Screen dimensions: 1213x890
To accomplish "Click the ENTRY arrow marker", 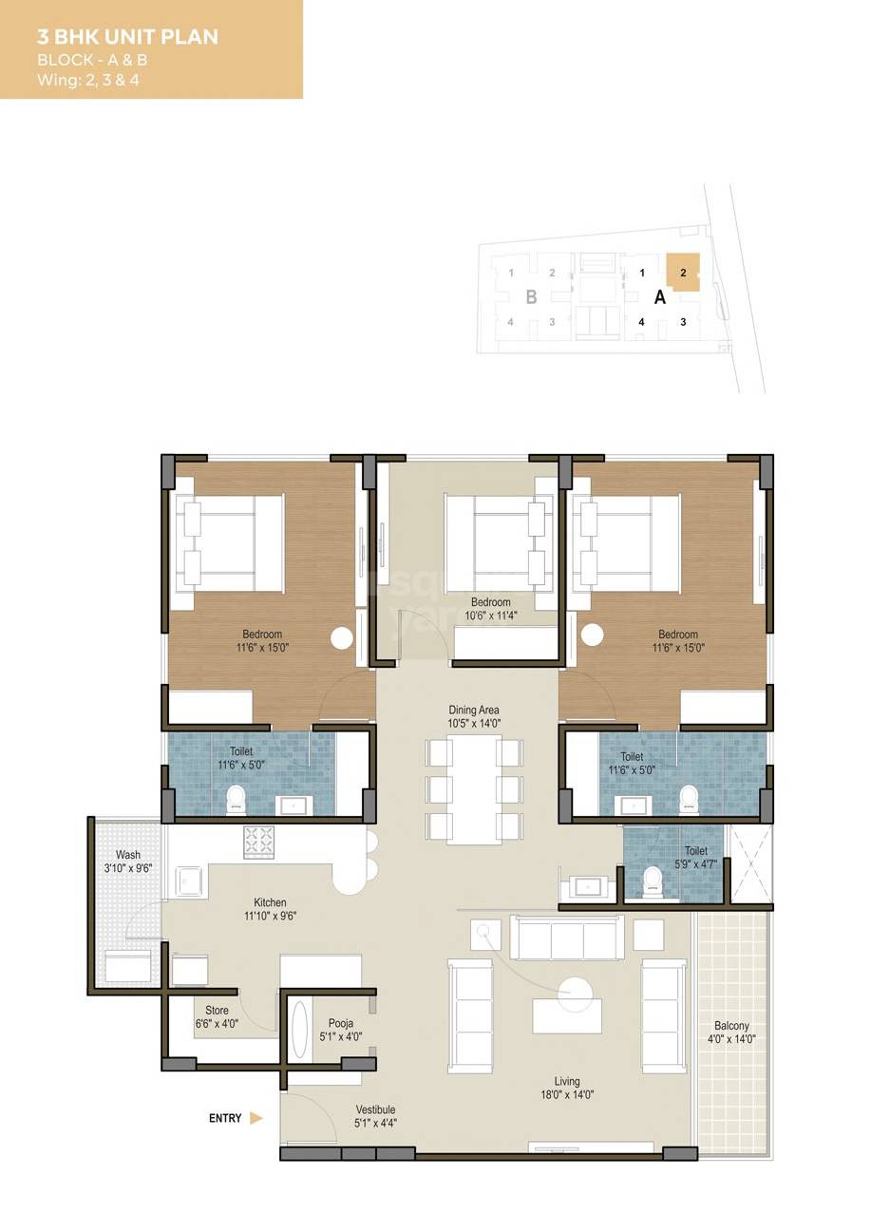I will pos(256,1118).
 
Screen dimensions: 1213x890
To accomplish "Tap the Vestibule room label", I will pos(375,1109).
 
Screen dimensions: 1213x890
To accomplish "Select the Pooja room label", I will pos(341,1023).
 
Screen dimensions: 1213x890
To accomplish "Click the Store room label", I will pos(217,1011).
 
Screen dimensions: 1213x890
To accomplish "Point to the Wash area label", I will pos(128,855).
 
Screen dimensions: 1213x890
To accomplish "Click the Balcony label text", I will pos(732,1026).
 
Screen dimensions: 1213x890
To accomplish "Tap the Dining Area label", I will pos(474,710).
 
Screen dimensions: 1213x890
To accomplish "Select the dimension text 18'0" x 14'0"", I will pos(567,1094).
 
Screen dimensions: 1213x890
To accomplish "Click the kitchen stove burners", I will pos(258,842).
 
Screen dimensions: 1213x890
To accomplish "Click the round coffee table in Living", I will pos(575,994).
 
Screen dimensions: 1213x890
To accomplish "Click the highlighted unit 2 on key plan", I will pos(683,272).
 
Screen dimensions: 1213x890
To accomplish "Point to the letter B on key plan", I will pos(532,297).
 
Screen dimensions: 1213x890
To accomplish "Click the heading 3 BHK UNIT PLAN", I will pos(127,37).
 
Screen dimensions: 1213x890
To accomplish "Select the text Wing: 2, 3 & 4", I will pos(87,80).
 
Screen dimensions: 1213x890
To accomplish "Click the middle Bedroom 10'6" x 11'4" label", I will pos(490,602).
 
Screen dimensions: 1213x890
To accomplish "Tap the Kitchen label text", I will pos(270,902).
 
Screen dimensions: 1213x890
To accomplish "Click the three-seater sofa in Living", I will pos(567,938).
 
